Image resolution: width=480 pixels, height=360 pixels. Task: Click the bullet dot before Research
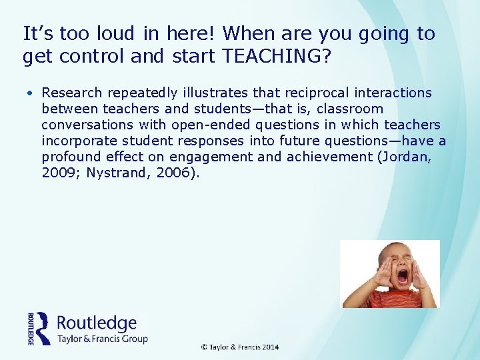pos(31,93)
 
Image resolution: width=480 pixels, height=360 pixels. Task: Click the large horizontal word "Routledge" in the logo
pos(97,323)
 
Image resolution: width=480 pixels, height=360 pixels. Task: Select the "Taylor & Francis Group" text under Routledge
pos(103,339)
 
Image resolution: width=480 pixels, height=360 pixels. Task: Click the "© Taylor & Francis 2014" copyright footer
pos(241,347)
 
